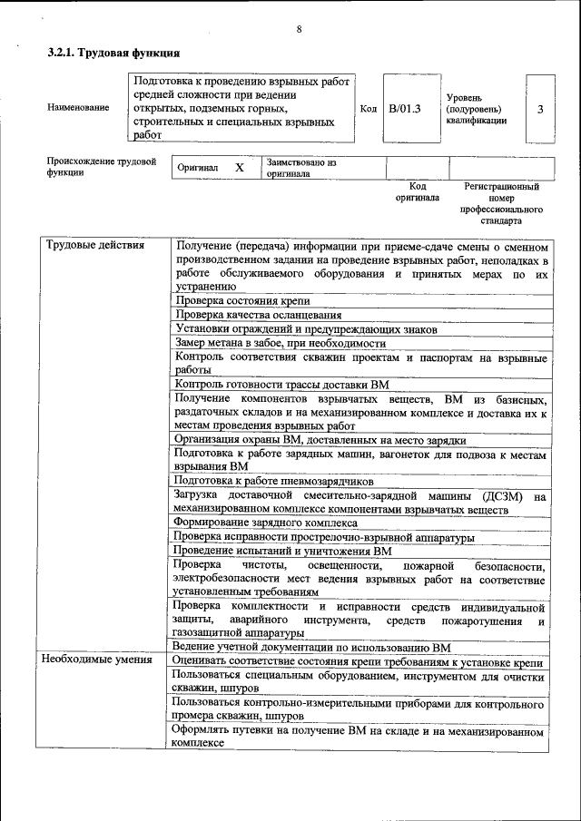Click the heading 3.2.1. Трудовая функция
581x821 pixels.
pos(113,54)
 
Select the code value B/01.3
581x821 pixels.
pos(405,109)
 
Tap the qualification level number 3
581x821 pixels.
pos(540,109)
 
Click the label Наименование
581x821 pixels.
pos(78,108)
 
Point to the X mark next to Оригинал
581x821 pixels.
pos(240,168)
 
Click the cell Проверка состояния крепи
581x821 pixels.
pos(242,300)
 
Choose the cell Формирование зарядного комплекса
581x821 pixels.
pos(265,523)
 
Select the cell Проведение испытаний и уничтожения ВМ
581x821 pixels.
pos(282,551)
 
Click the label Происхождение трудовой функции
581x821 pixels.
pos(101,167)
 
